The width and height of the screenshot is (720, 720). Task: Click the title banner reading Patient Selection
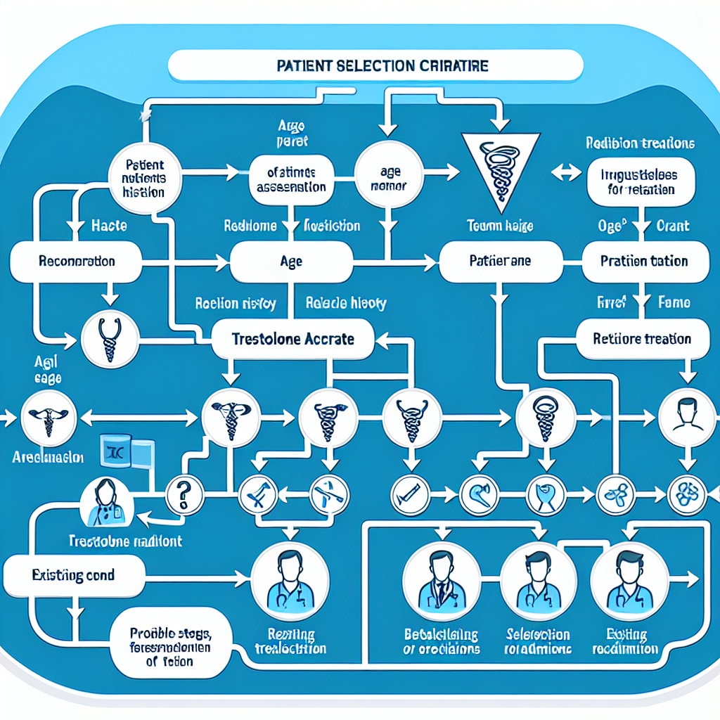point(376,65)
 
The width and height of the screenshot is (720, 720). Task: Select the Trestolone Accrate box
point(292,338)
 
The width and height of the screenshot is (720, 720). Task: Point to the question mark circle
point(185,494)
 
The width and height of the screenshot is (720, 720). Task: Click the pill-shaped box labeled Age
point(291,261)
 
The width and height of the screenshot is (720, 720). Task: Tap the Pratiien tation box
point(643,261)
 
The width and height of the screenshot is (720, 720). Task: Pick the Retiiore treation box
point(633,338)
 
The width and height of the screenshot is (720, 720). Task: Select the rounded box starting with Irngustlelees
point(640,181)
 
